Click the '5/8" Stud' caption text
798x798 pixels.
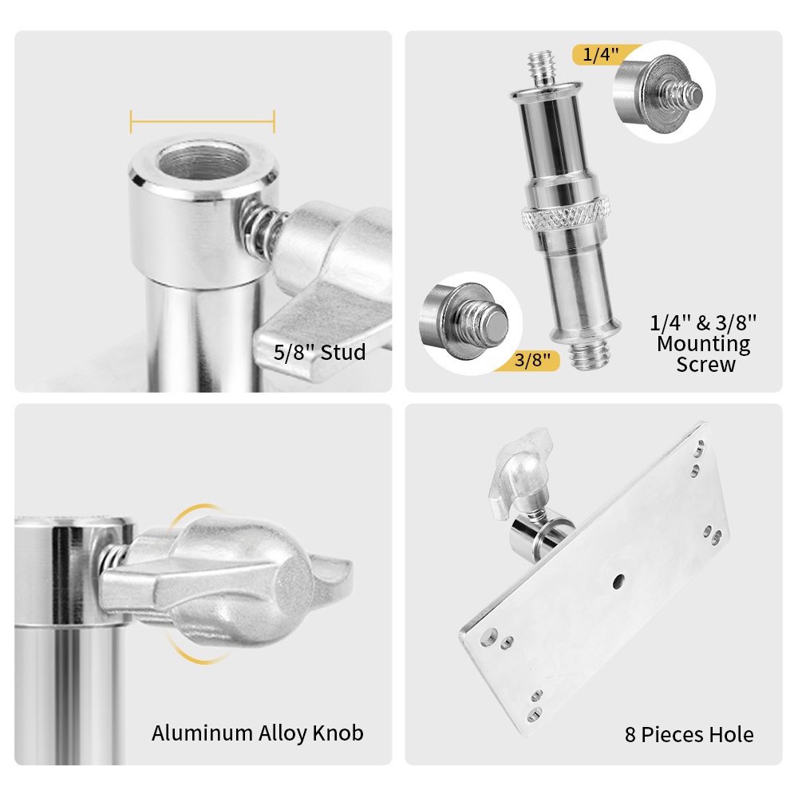pos(320,352)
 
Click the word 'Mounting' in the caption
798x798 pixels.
pos(703,344)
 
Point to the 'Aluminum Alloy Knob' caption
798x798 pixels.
pos(258,733)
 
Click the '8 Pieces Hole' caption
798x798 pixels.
pos(689,734)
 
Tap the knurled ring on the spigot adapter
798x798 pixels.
pos(566,215)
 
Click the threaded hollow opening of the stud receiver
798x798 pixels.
pos(202,161)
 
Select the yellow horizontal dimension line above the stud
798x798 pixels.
pos(203,121)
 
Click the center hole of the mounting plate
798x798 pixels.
pos(618,581)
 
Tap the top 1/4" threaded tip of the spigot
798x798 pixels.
pos(543,68)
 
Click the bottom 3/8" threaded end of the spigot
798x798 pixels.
pos(590,354)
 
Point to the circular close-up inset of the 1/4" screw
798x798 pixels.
pos(664,92)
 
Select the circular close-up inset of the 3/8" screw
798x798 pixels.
pos(471,324)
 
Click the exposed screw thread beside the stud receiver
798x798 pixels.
pos(259,225)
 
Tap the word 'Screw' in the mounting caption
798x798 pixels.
pos(705,365)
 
